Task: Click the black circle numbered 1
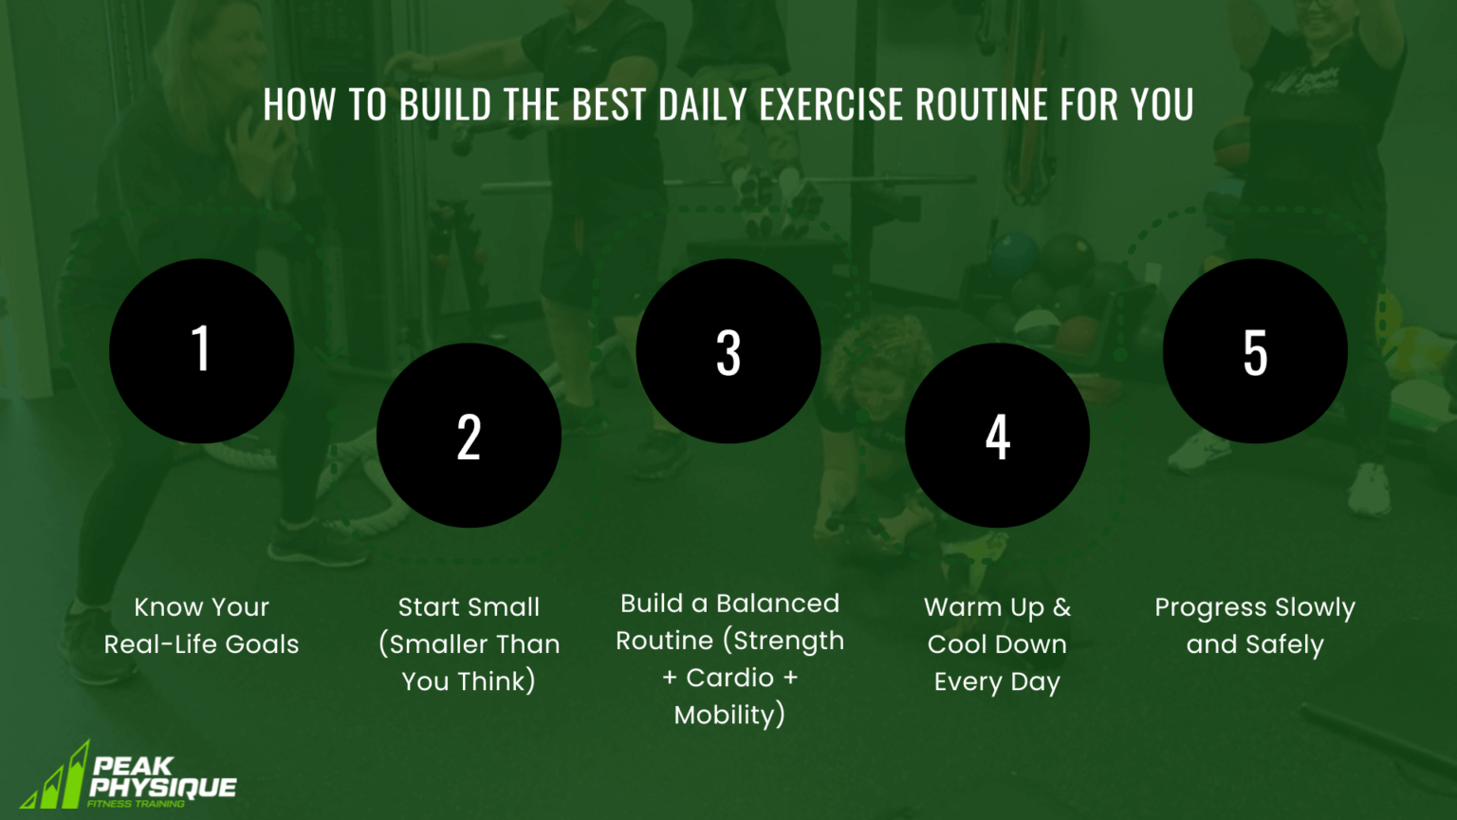point(201,351)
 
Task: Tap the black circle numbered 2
point(469,436)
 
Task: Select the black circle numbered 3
point(728,351)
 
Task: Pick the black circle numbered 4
point(997,436)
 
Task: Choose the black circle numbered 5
point(1255,351)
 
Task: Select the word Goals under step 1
point(262,644)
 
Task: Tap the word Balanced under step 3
point(778,604)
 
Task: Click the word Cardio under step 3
point(729,678)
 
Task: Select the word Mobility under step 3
point(727,715)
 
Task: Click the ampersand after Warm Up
point(1061,607)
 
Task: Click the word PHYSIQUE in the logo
point(162,788)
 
